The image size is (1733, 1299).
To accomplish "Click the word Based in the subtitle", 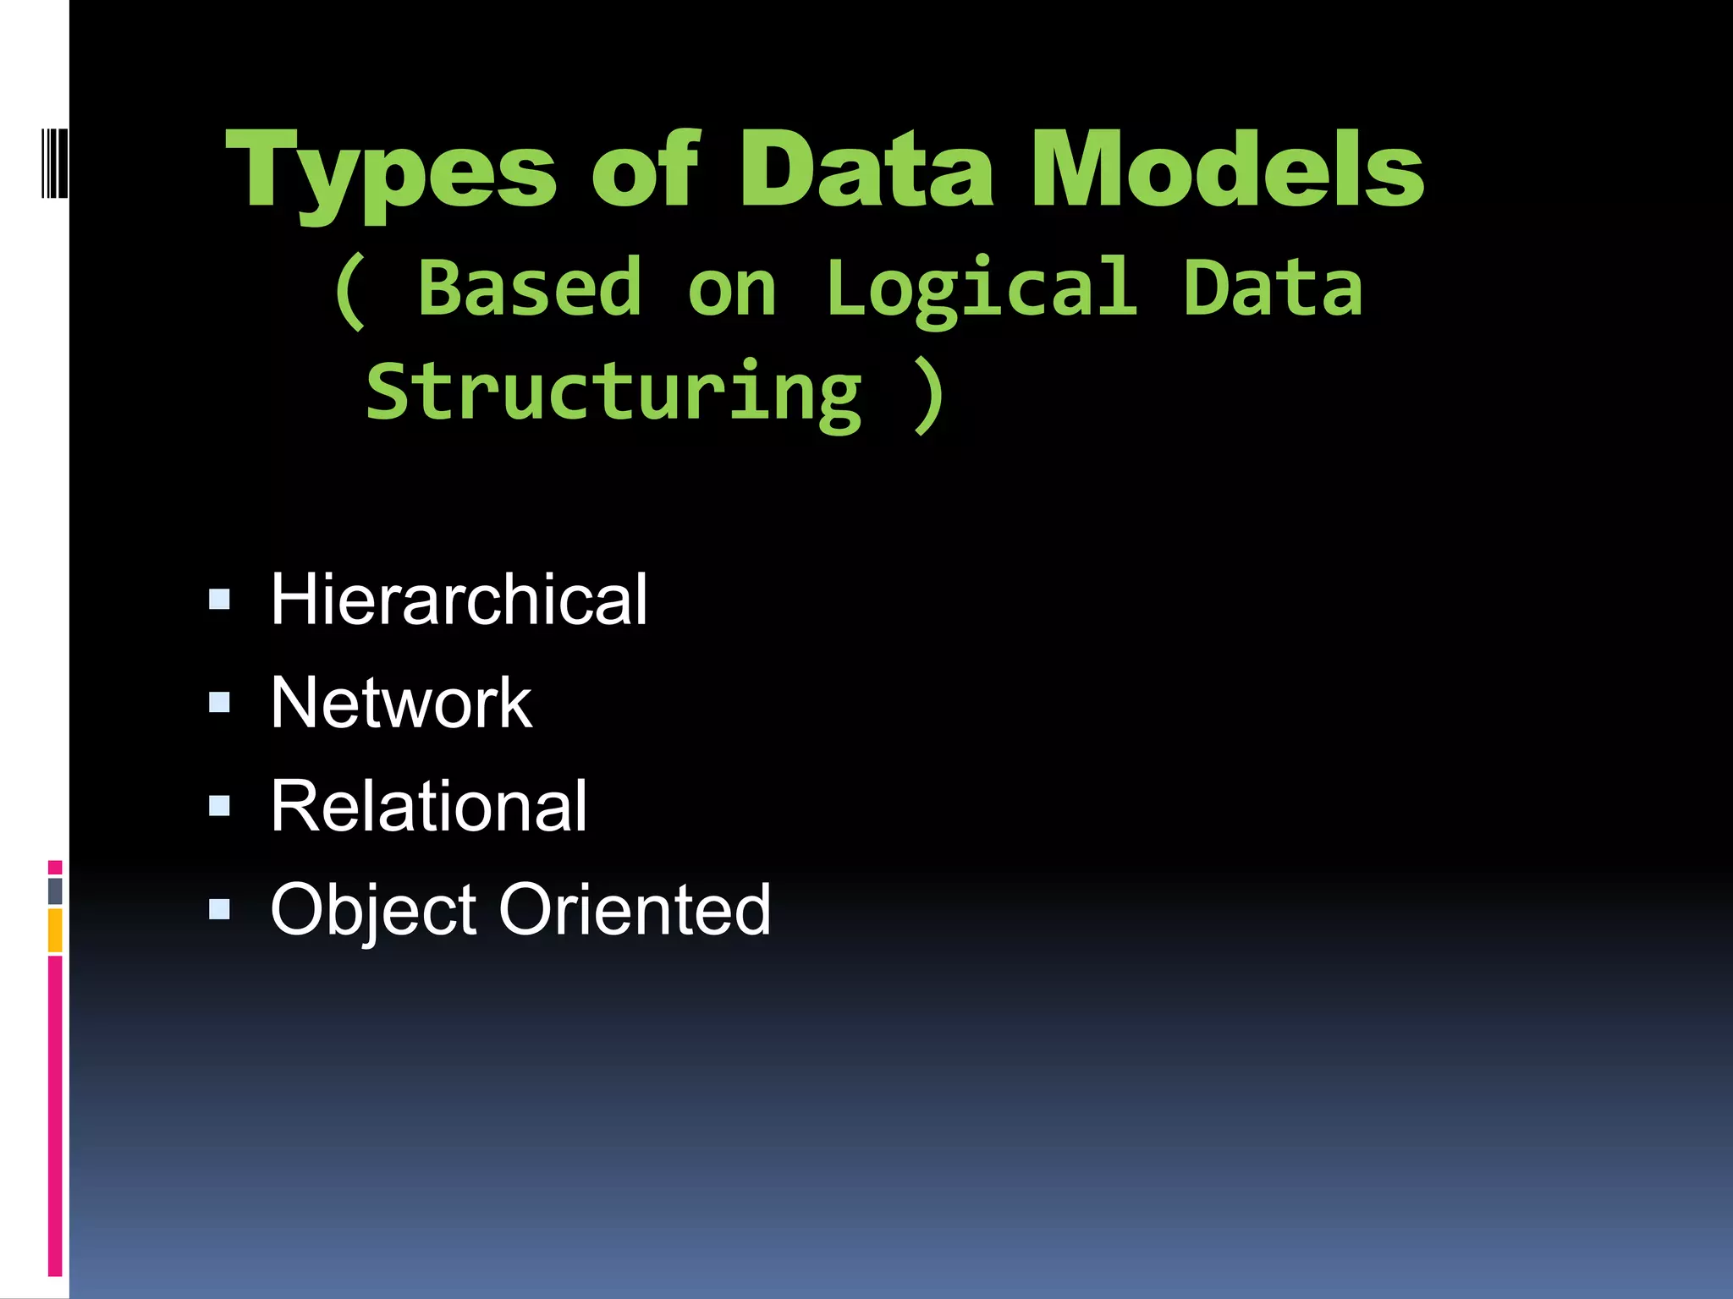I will point(530,288).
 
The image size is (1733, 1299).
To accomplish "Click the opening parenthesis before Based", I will point(350,292).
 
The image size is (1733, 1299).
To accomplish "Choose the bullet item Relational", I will point(428,806).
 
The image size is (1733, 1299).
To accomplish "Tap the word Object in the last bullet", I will point(372,910).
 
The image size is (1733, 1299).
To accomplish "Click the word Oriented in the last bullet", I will point(635,910).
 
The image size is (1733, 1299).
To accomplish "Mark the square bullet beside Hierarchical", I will point(219,600).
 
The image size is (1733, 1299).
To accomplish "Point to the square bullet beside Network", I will point(219,703).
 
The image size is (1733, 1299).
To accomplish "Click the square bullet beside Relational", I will point(219,806).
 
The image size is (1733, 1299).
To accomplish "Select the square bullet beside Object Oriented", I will point(219,909).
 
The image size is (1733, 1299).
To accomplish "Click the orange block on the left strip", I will point(55,930).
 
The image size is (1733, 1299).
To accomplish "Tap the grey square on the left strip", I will point(55,891).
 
